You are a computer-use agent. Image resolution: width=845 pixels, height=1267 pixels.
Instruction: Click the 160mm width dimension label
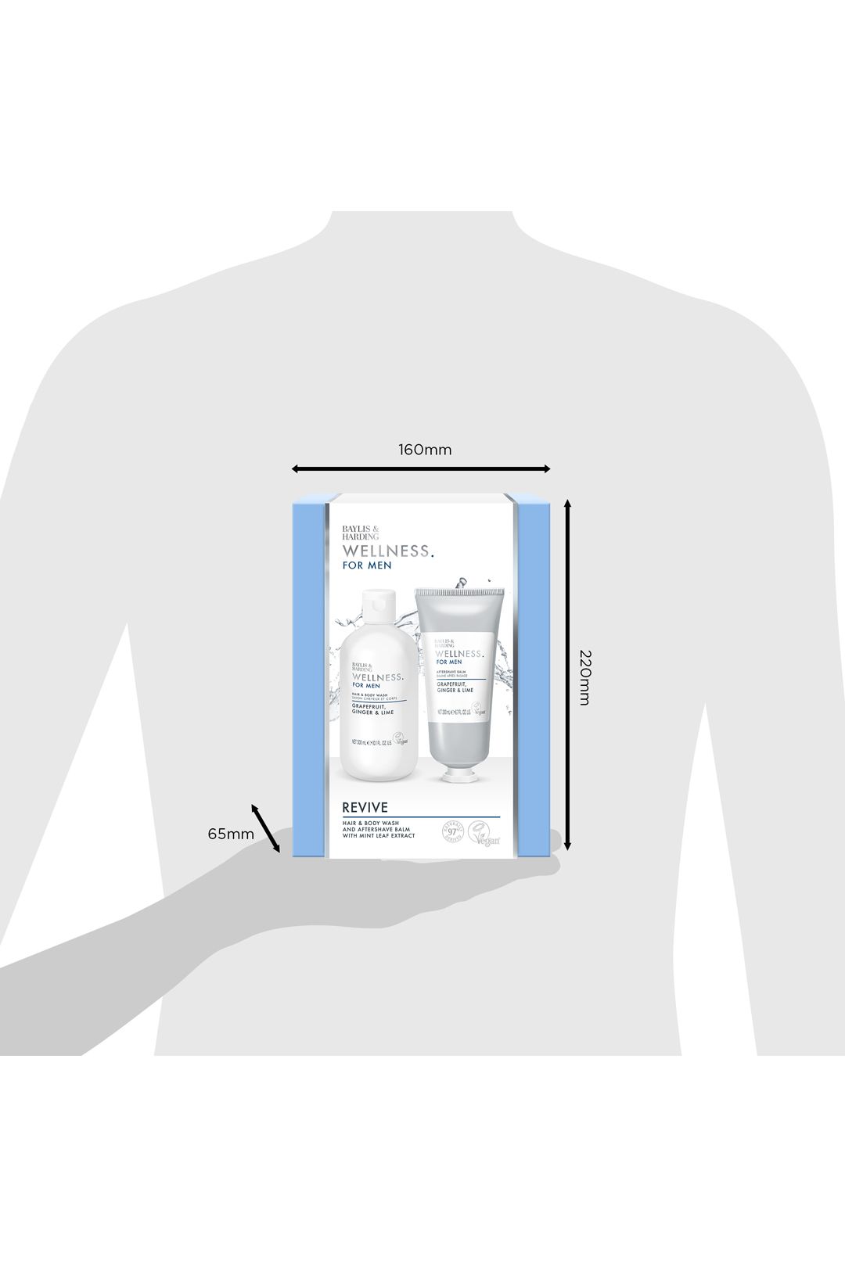tap(425, 450)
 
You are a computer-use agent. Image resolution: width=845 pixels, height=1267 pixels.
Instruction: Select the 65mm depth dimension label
tap(231, 834)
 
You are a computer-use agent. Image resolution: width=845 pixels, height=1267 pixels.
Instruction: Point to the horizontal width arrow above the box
tap(421, 469)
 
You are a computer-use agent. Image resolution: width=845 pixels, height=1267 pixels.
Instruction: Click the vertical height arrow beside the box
tap(568, 677)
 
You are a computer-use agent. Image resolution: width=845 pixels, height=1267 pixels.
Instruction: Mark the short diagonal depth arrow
tap(265, 827)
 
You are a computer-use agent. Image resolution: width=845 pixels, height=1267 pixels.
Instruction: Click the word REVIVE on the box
tap(365, 807)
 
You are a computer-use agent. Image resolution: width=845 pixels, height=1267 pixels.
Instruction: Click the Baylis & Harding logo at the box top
tap(360, 532)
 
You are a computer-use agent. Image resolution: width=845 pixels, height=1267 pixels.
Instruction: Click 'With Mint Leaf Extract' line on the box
tap(378, 836)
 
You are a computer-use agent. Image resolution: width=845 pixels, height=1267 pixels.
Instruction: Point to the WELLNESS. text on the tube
tap(459, 653)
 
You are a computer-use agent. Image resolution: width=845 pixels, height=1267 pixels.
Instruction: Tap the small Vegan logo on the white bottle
tap(401, 738)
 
